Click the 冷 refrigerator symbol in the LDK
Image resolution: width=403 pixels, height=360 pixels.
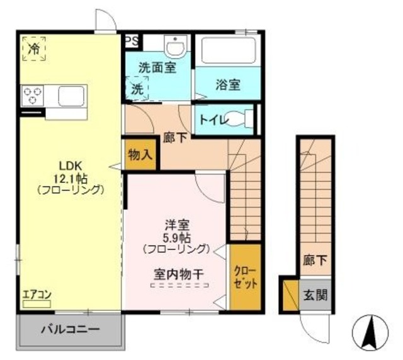pyautogui.click(x=34, y=48)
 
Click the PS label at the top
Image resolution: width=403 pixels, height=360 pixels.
pyautogui.click(x=131, y=41)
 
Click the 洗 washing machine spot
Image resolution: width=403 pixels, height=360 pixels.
pyautogui.click(x=137, y=89)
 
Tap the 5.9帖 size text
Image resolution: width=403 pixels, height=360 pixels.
pyautogui.click(x=174, y=237)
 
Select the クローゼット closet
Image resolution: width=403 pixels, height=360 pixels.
pyautogui.click(x=245, y=278)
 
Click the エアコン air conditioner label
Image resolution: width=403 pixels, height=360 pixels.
pyautogui.click(x=37, y=293)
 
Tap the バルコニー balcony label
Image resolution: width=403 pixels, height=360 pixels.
pyautogui.click(x=71, y=329)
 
